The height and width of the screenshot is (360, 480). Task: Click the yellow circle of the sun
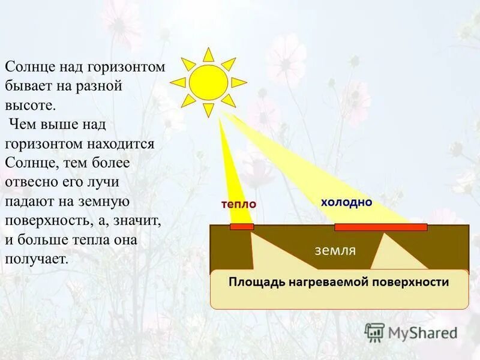pyautogui.click(x=208, y=82)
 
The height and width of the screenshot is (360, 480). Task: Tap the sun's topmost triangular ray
pyautogui.click(x=208, y=55)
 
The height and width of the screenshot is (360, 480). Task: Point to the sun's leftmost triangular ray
pyautogui.click(x=178, y=82)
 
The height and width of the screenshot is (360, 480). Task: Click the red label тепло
pyautogui.click(x=238, y=204)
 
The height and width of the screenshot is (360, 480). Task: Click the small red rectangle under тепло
pyautogui.click(x=242, y=227)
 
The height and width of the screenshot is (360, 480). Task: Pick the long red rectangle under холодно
pyautogui.click(x=380, y=227)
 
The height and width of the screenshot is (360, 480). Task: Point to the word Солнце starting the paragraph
pyautogui.click(x=28, y=67)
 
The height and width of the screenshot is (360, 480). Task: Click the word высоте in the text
pyautogui.click(x=30, y=106)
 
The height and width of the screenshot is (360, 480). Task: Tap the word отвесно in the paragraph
pyautogui.click(x=29, y=182)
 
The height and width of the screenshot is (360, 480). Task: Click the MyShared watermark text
pyautogui.click(x=422, y=332)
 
